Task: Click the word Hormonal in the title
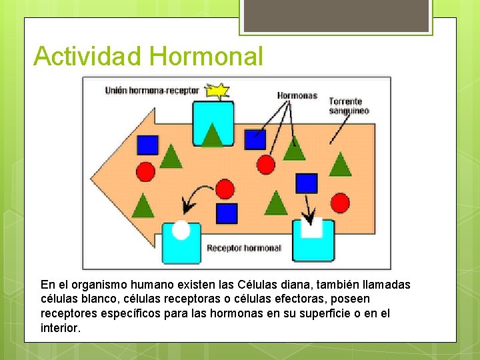(207, 56)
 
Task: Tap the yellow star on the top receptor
(217, 91)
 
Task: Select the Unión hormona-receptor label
(152, 91)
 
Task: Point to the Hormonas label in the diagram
(297, 95)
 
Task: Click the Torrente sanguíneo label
(349, 106)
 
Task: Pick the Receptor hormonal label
(244, 248)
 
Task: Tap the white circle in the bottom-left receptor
(181, 230)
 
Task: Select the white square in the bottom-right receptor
(311, 228)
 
